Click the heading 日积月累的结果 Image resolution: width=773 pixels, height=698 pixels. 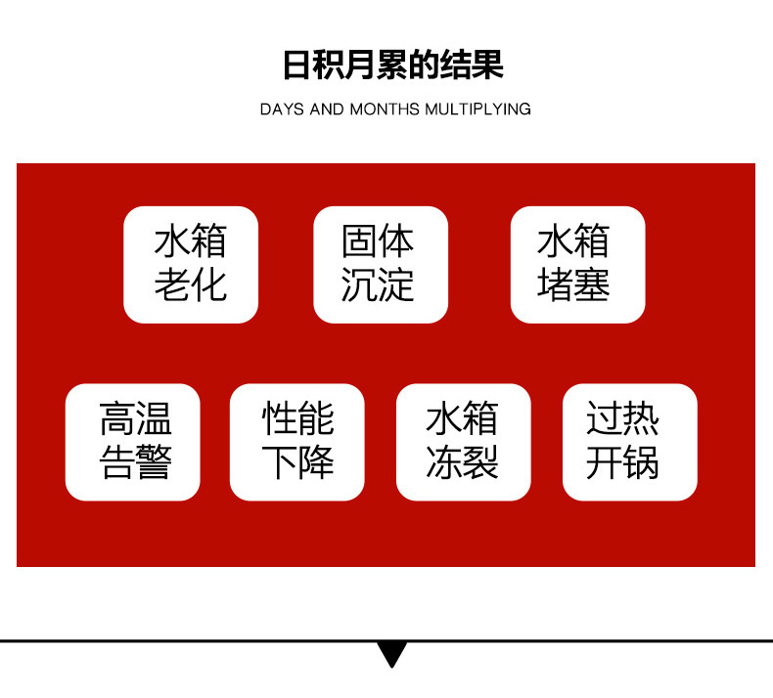coord(392,65)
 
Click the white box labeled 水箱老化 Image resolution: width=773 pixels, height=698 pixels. coord(191,264)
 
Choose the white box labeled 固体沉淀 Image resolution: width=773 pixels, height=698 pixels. coord(380,264)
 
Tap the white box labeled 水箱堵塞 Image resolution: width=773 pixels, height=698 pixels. coord(577,264)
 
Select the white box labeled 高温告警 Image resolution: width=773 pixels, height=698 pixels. coord(132,442)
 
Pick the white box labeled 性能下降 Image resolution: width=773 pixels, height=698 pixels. coord(296,442)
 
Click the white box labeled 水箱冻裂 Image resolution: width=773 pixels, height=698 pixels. coord(463,442)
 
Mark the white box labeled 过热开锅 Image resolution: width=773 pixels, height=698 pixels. coord(629,442)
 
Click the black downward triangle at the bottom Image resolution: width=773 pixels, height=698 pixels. coord(391,653)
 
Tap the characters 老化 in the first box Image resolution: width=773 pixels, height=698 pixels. coord(191,285)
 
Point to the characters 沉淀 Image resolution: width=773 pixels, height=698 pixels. coord(380,285)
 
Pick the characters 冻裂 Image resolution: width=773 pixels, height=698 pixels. coord(463,462)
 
